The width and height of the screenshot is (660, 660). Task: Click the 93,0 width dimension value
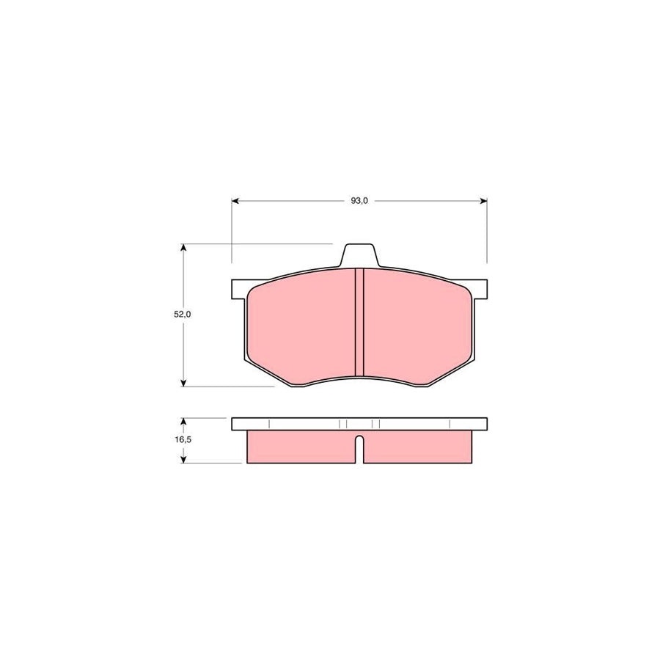[359, 200]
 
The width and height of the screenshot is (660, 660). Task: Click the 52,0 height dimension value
[182, 314]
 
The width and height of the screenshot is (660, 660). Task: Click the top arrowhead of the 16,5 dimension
[183, 422]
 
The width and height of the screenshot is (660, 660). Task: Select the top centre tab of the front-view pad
[359, 254]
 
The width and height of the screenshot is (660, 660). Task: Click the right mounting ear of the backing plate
[480, 289]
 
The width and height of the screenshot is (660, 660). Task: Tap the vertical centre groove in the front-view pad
[359, 323]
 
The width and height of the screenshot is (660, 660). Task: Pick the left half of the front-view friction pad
[301, 326]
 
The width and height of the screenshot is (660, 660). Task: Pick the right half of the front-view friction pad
[418, 326]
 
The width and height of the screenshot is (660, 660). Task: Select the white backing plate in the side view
[359, 424]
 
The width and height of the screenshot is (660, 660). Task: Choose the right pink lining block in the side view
[418, 447]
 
